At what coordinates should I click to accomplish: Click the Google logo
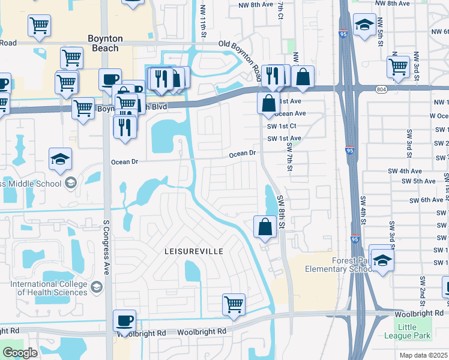point(20,353)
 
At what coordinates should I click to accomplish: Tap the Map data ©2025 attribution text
point(423,355)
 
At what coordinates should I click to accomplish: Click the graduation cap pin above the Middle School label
point(60,159)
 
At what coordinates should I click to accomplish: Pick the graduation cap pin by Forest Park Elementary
point(381,260)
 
